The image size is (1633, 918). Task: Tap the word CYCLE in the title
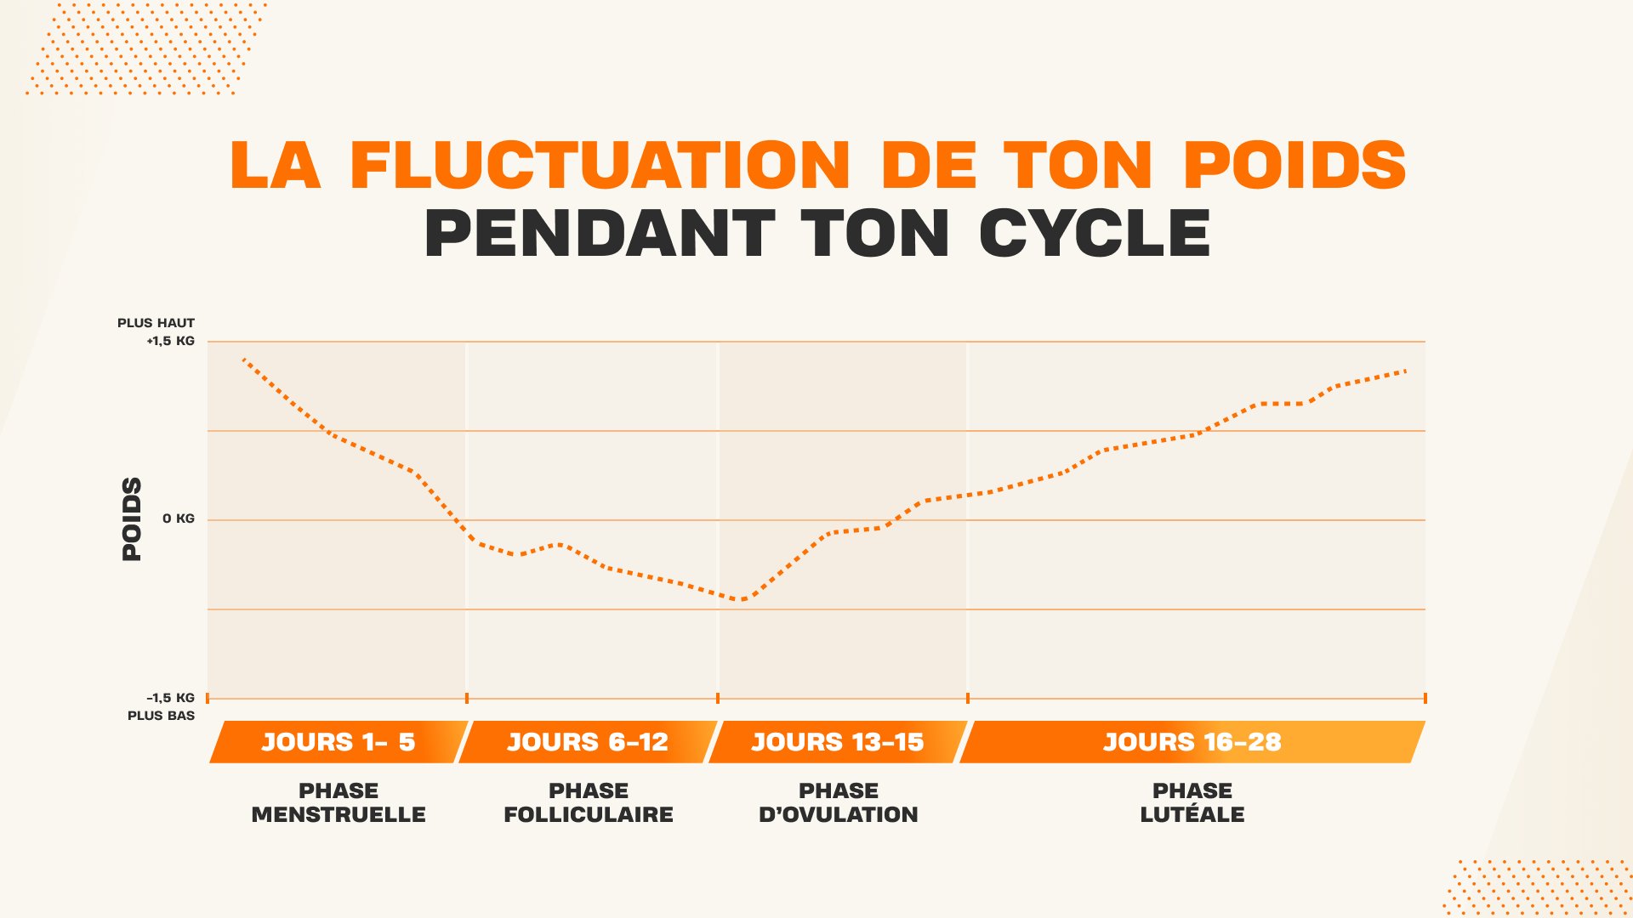point(1095,233)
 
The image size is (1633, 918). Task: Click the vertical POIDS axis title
point(132,518)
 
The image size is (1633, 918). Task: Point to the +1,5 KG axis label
point(171,341)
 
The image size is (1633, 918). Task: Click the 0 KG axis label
point(179,518)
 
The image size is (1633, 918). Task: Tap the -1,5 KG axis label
point(171,698)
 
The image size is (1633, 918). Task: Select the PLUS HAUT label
point(156,323)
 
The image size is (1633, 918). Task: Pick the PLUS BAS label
point(162,716)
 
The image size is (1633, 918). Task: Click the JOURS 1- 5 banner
point(339,742)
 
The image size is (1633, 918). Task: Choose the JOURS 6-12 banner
point(588,742)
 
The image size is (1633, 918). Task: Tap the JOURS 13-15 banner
point(838,742)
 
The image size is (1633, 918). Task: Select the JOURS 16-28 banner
point(1192,742)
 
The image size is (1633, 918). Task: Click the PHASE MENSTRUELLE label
point(339,802)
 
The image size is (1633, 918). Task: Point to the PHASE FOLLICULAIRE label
point(589,802)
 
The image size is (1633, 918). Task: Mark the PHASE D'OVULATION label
point(839,802)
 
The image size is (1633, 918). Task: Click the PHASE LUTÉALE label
point(1192,802)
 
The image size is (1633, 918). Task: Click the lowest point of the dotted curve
point(743,599)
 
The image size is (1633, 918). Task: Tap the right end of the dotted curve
point(1405,371)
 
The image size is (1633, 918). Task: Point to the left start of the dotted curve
point(244,360)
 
